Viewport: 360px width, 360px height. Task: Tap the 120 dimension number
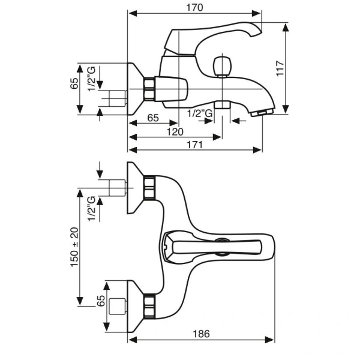point(174,131)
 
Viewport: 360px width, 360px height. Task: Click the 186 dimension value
point(202,334)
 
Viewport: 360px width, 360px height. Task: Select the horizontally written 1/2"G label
point(200,113)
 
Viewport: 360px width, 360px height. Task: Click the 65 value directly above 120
point(152,118)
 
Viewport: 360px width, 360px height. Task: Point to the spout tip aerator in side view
point(263,113)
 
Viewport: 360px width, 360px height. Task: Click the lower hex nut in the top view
point(149,305)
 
